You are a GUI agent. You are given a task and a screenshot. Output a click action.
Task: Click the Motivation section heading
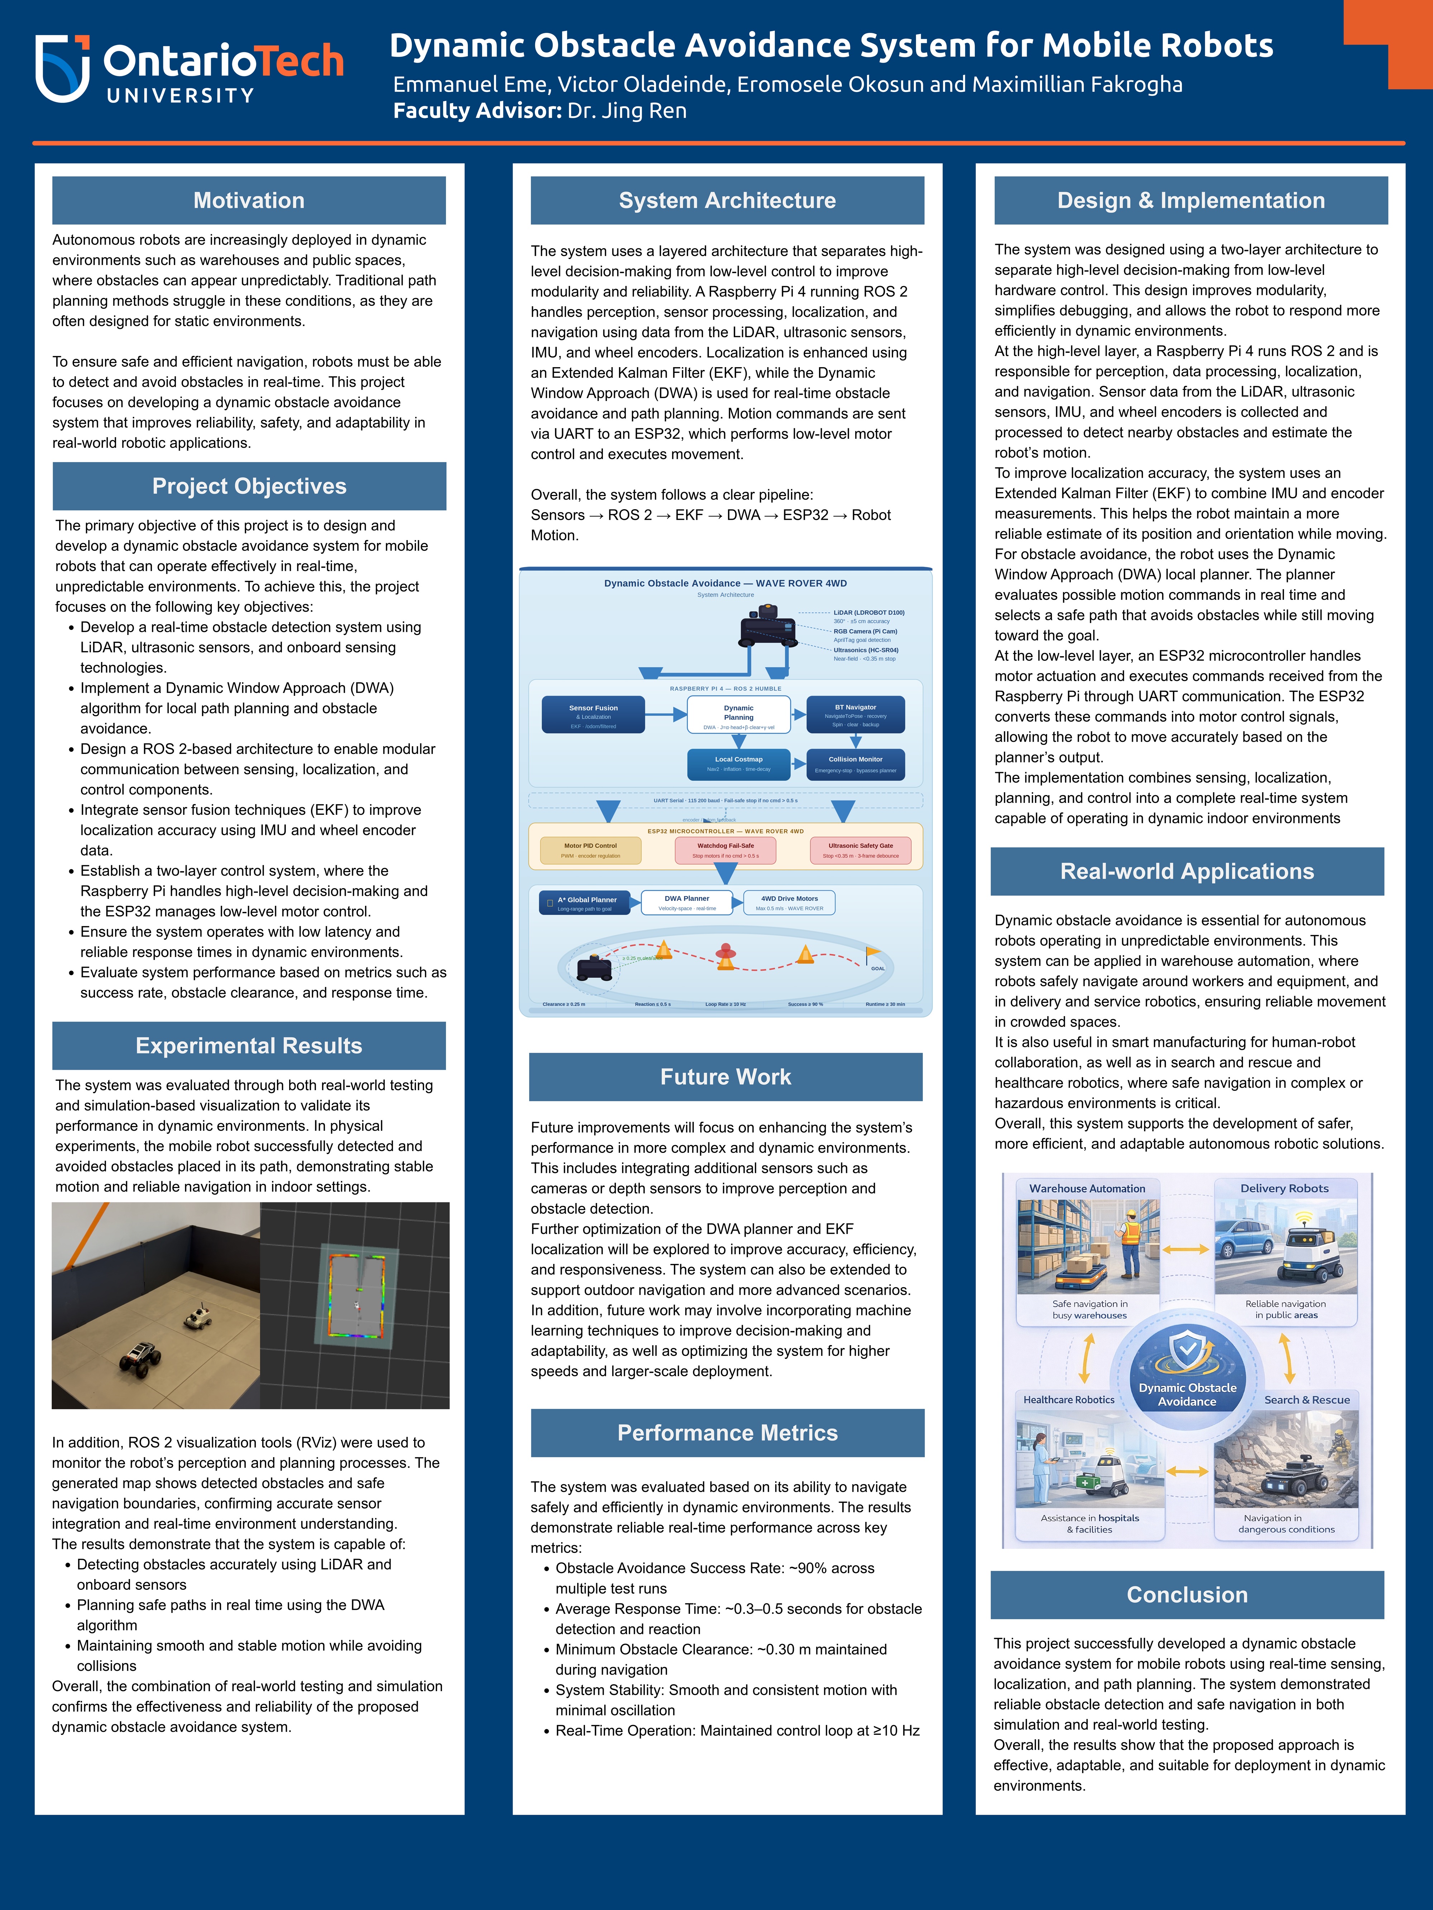pos(249,200)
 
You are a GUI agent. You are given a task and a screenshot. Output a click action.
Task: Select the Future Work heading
pos(725,1077)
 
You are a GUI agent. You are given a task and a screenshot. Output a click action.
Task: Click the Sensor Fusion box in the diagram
pos(593,714)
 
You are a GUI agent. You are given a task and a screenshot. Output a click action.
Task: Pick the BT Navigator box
pos(855,714)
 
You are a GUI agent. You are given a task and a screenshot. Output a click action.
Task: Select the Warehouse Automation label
pos(1087,1189)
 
